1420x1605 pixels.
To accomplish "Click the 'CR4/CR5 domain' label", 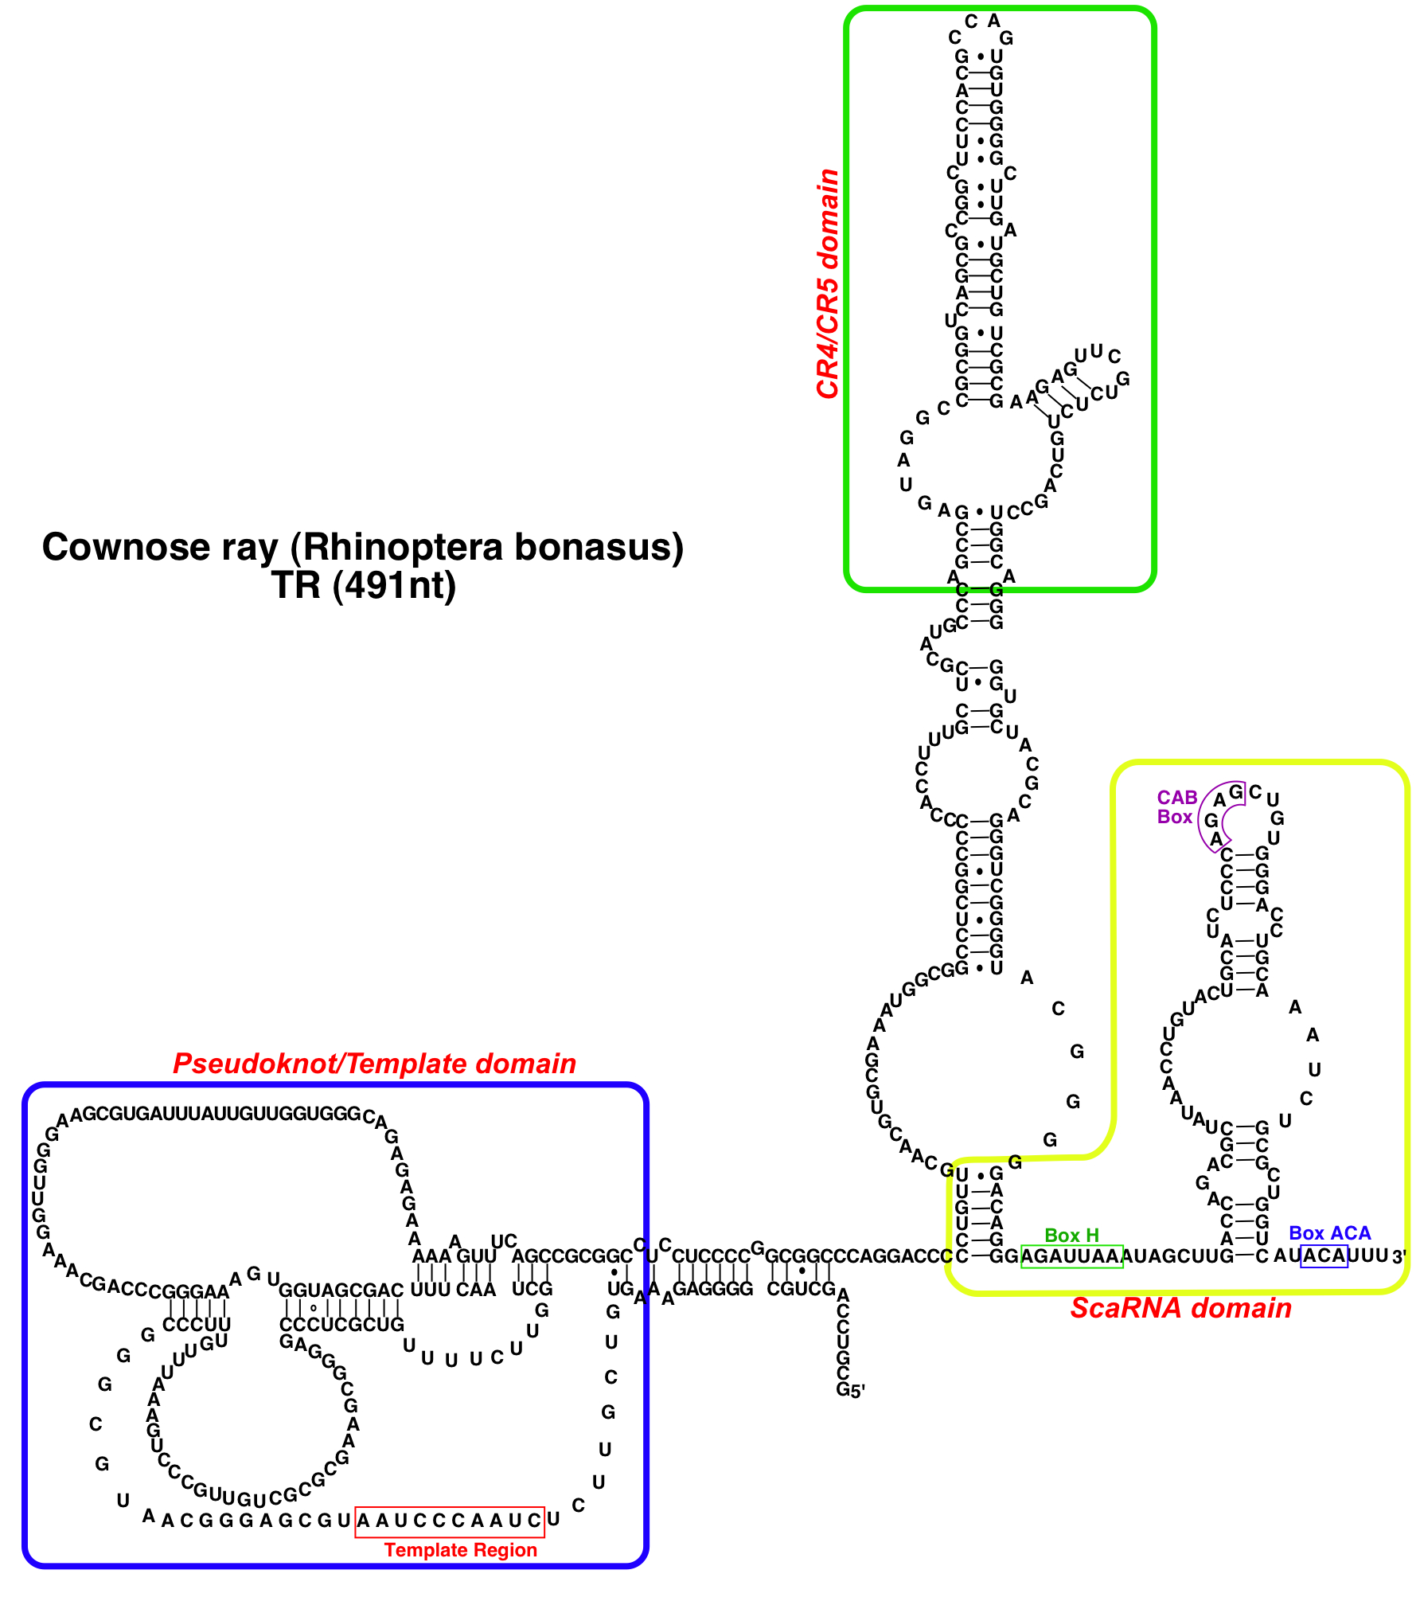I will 828,283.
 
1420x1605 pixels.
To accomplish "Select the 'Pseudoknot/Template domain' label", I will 374,1064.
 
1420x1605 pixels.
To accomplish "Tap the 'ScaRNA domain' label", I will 1180,1308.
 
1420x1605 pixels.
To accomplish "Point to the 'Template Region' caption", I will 460,1550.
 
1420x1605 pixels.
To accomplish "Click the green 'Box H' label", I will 1071,1236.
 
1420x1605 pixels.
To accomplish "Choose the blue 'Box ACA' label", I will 1329,1233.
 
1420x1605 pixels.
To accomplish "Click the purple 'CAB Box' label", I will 1176,807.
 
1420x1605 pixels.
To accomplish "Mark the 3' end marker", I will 1399,1257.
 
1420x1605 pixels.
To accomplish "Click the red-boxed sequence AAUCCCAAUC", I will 450,1521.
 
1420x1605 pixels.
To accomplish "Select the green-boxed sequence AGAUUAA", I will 1071,1256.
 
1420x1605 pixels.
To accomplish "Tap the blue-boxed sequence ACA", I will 1324,1255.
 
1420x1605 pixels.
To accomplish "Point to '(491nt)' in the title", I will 395,586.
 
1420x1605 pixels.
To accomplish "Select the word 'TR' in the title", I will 296,586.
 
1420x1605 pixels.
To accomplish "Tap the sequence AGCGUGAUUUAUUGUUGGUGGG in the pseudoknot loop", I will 216,1114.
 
